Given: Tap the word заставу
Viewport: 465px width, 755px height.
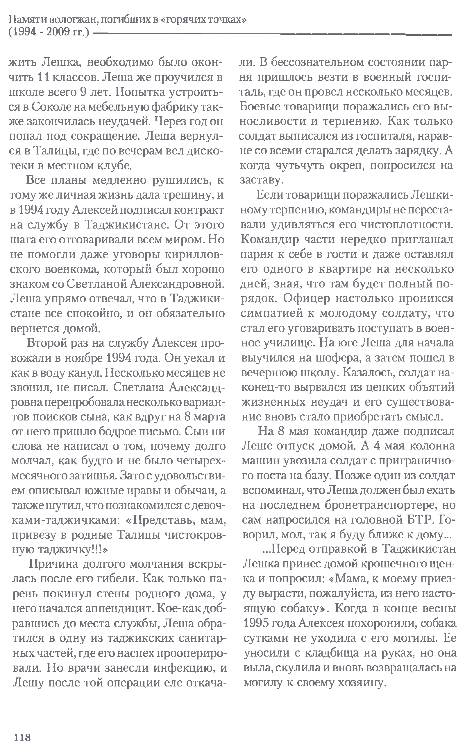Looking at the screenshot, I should pyautogui.click(x=261, y=180).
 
